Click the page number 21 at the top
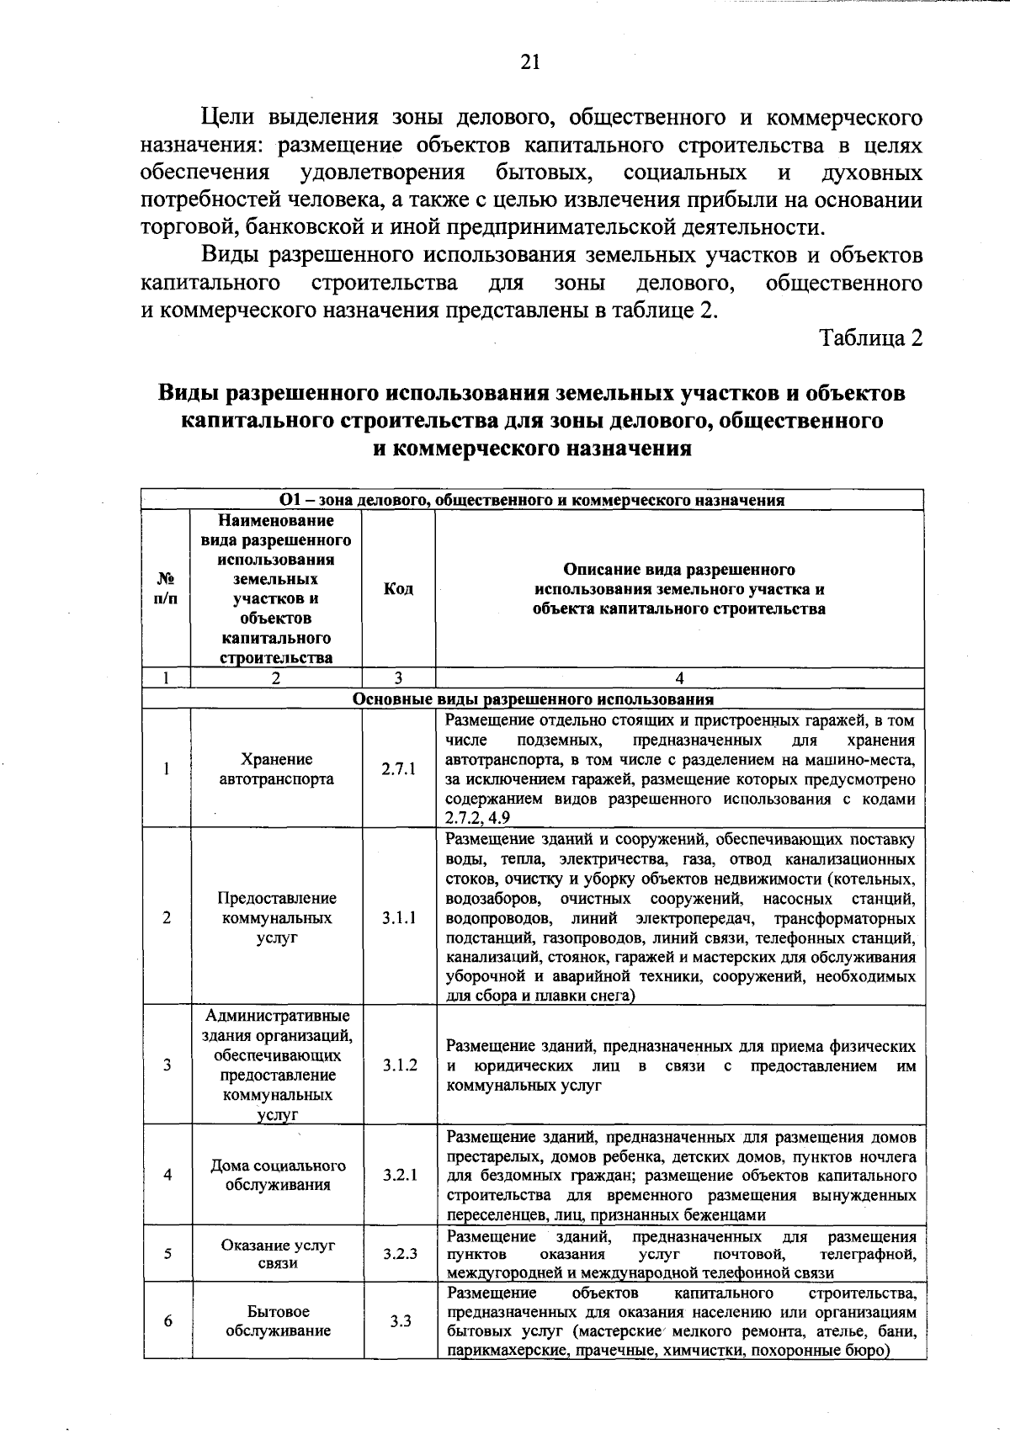[530, 62]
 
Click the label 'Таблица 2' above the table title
[871, 337]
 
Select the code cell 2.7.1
[398, 769]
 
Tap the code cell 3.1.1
[398, 917]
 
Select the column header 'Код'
[398, 589]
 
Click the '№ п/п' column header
[167, 589]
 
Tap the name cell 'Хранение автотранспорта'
[276, 769]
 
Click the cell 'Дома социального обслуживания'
[278, 1175]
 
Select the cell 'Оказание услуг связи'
[278, 1253]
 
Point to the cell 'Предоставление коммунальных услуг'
[277, 917]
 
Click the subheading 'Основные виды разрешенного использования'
[533, 698]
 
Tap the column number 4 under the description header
[679, 678]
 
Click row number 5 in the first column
[167, 1253]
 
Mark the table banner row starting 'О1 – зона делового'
[532, 500]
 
